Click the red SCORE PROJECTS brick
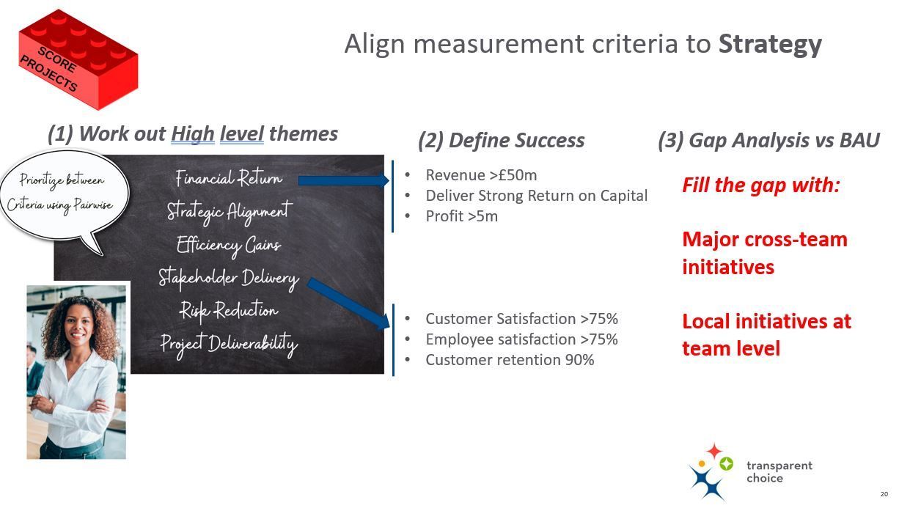pos(78,59)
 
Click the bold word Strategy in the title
pos(770,45)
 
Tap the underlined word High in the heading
pos(193,134)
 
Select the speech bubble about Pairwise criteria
pos(65,196)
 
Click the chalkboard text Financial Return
pos(229,177)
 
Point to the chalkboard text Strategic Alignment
pos(230,211)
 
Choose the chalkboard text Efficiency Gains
pos(229,245)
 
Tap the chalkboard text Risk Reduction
pos(229,310)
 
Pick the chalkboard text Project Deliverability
pos(230,345)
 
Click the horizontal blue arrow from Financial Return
pos(344,180)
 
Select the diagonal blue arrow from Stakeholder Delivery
pos(348,303)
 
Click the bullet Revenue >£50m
pos(481,175)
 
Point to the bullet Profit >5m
pos(461,216)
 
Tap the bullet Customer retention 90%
pos(510,360)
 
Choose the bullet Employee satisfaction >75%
pos(521,339)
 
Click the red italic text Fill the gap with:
pos(761,185)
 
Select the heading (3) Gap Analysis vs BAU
pos(768,141)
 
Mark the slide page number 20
pos(884,494)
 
